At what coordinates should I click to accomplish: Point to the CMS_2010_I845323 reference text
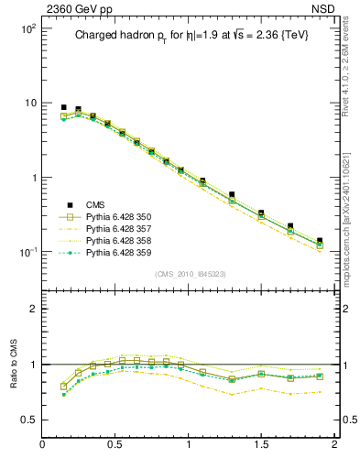[x=189, y=274]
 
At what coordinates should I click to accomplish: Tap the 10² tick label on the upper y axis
[x=26, y=29]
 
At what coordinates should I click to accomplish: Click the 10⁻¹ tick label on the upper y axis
[x=26, y=252]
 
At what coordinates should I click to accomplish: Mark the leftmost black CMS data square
[x=63, y=108]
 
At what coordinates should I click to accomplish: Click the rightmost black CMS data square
[x=320, y=241]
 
